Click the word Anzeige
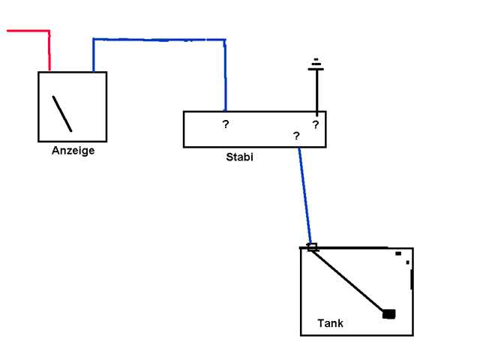point(73,151)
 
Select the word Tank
point(330,324)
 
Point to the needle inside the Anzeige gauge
point(62,112)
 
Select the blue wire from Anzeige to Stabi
point(157,40)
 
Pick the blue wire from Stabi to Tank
point(305,195)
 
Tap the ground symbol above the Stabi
point(316,65)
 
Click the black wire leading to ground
point(316,90)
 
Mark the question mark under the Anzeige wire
point(225,124)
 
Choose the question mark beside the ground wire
point(315,124)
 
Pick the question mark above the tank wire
point(296,136)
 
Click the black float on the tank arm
point(388,313)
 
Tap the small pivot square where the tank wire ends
point(312,247)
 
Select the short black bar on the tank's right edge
point(412,279)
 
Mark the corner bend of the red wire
point(49,31)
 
